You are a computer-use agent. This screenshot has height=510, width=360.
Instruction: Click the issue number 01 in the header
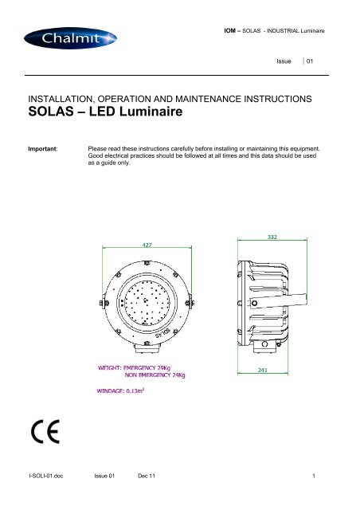[322, 61]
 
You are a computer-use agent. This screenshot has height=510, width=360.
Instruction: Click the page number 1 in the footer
[315, 498]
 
